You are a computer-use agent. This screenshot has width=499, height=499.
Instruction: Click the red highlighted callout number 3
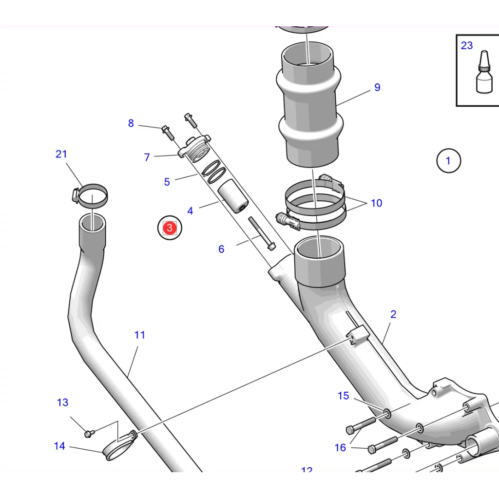169,228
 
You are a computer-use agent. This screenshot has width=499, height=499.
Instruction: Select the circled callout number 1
448,160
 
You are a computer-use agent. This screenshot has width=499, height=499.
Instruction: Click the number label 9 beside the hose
377,88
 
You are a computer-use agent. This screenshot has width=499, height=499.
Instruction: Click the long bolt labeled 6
262,233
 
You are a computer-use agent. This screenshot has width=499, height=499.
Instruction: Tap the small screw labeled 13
88,433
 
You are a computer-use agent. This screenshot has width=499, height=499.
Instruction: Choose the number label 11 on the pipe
140,335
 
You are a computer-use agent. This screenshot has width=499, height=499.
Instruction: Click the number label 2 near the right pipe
393,314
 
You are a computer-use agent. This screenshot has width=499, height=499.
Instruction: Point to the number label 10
376,203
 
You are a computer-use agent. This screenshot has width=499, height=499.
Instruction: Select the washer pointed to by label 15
387,414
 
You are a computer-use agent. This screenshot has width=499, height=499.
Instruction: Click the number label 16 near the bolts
340,447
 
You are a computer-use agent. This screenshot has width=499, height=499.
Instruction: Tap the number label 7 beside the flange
147,157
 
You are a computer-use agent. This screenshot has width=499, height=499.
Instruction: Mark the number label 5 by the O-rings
167,182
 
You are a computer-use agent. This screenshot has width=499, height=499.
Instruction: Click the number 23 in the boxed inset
466,45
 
